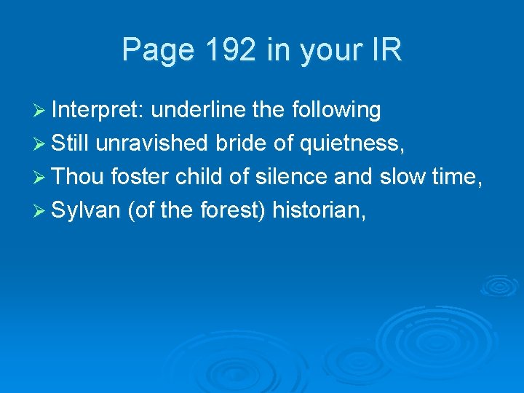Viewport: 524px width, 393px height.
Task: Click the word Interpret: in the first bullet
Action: pos(99,110)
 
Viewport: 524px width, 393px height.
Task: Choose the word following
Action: pos(336,111)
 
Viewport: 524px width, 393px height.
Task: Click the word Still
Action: pos(70,143)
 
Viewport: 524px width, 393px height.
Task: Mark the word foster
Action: pos(140,177)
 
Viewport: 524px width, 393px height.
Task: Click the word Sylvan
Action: pos(86,211)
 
